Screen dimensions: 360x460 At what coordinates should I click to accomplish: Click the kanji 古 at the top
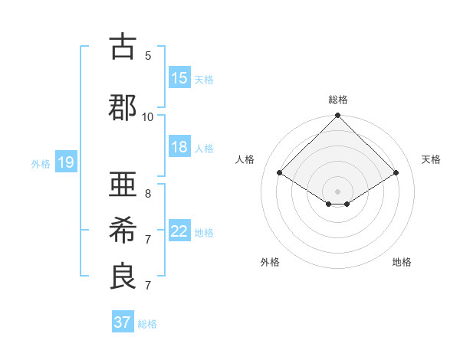[123, 47]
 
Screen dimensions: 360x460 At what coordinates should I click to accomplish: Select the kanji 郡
[123, 108]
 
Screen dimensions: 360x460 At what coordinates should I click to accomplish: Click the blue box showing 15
[179, 78]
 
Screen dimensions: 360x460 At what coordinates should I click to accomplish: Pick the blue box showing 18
[179, 147]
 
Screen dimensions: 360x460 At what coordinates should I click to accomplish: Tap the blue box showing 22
[179, 231]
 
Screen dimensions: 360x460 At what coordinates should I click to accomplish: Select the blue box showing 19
[66, 162]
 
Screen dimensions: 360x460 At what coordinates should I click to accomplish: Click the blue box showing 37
[123, 322]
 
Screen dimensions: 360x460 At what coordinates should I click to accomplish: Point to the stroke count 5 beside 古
[148, 56]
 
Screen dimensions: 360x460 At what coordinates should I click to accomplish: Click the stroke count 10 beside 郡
[148, 116]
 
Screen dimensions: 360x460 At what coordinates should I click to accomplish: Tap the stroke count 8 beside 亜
[148, 193]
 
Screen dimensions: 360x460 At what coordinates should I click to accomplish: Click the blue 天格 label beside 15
[204, 79]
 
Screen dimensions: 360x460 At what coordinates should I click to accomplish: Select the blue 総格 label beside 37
[147, 323]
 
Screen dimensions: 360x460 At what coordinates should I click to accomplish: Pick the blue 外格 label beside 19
[41, 163]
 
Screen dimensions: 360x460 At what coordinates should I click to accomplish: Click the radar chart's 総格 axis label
[338, 100]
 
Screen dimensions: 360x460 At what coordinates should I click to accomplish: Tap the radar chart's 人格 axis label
[245, 159]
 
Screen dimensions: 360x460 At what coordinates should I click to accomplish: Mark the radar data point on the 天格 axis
[396, 173]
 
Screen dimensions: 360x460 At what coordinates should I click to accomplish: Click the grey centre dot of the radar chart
[337, 190]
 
